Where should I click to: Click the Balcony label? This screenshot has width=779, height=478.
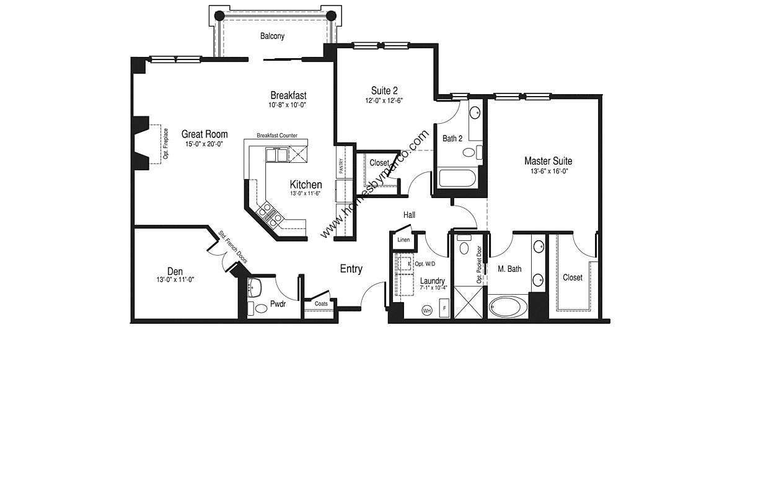coord(272,37)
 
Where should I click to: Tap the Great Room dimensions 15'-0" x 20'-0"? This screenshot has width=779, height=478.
coord(204,144)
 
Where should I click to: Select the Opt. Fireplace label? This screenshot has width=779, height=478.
coord(166,144)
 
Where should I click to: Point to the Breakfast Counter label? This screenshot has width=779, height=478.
coord(277,136)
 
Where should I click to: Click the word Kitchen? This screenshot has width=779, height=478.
coord(306,185)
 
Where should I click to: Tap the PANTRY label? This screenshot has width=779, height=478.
coord(341,166)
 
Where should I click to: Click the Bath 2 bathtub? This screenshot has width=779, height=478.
coord(457,180)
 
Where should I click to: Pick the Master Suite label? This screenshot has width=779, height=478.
coord(548,161)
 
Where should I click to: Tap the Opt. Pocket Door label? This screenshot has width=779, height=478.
coord(479,265)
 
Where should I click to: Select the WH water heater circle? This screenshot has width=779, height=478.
coord(426,310)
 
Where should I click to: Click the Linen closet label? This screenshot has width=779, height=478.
coord(403,240)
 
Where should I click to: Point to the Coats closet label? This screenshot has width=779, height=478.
coord(321,304)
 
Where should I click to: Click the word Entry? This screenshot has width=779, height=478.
coord(351,269)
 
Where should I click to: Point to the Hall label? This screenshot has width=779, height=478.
coord(409,215)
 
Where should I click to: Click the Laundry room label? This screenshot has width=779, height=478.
coord(432,281)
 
